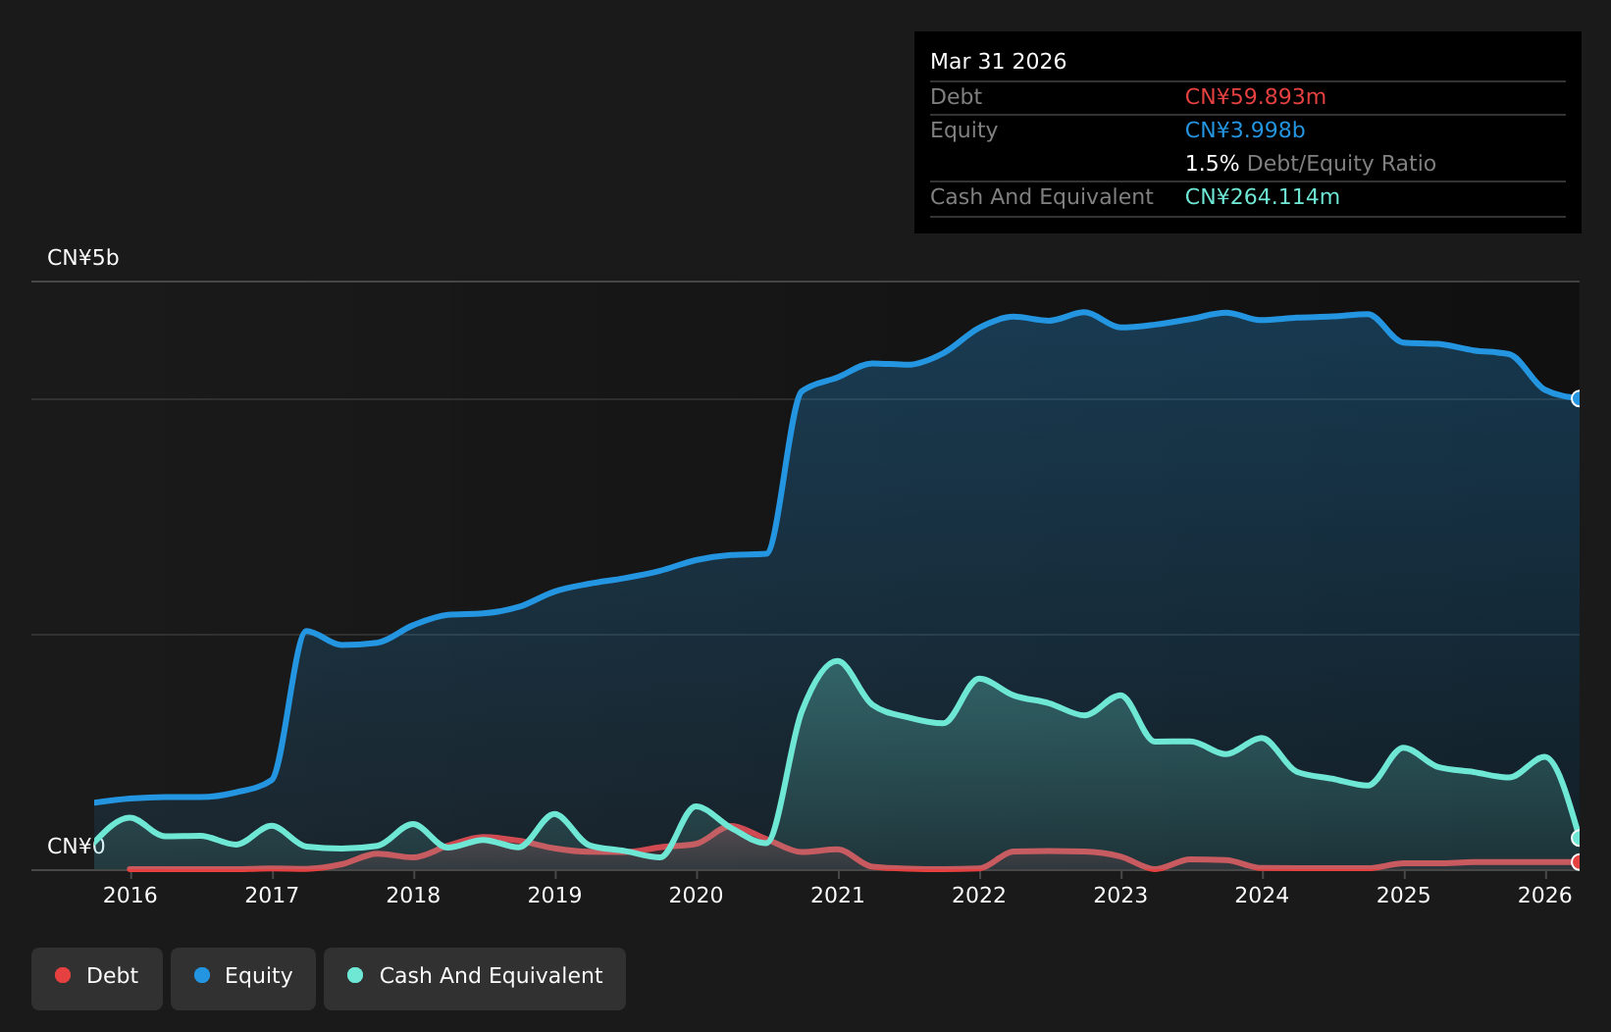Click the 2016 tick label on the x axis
tap(130, 895)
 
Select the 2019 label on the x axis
tap(554, 895)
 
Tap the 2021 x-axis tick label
tap(838, 895)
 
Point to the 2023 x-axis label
tap(1120, 895)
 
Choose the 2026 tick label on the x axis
tap(1545, 895)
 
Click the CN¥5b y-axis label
tap(82, 257)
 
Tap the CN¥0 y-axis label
tap(76, 846)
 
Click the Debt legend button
tap(97, 979)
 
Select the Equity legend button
tap(243, 979)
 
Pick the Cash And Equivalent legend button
tap(475, 979)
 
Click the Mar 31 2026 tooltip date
tap(998, 62)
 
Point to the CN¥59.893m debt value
tap(1256, 97)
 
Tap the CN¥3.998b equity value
tap(1245, 130)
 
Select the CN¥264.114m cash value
tap(1262, 197)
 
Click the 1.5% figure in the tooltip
tap(1212, 164)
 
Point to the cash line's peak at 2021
tap(837, 661)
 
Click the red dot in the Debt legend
tap(64, 975)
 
